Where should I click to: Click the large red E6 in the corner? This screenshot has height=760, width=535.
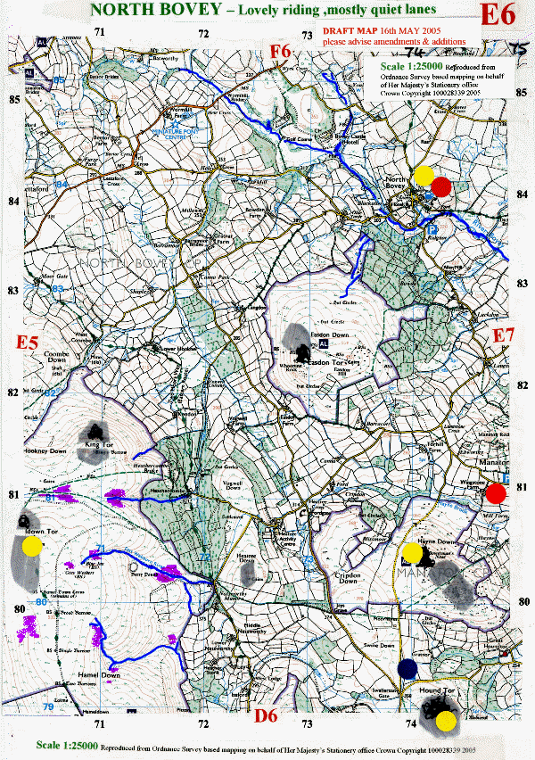pyautogui.click(x=498, y=15)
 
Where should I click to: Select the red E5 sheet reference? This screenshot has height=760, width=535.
pyautogui.click(x=29, y=343)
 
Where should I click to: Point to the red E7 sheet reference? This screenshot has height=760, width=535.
pyautogui.click(x=505, y=335)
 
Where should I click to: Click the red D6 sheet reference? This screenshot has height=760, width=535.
pyautogui.click(x=267, y=716)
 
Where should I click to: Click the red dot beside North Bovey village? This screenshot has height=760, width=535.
pyautogui.click(x=441, y=187)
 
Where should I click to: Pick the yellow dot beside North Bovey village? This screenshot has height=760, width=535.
pyautogui.click(x=424, y=174)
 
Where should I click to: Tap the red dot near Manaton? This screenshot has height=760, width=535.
pyautogui.click(x=497, y=492)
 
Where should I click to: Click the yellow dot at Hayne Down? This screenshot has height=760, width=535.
pyautogui.click(x=411, y=553)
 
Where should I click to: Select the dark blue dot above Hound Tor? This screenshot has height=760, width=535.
pyautogui.click(x=408, y=668)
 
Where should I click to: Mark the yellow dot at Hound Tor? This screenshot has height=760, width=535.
pyautogui.click(x=447, y=720)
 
